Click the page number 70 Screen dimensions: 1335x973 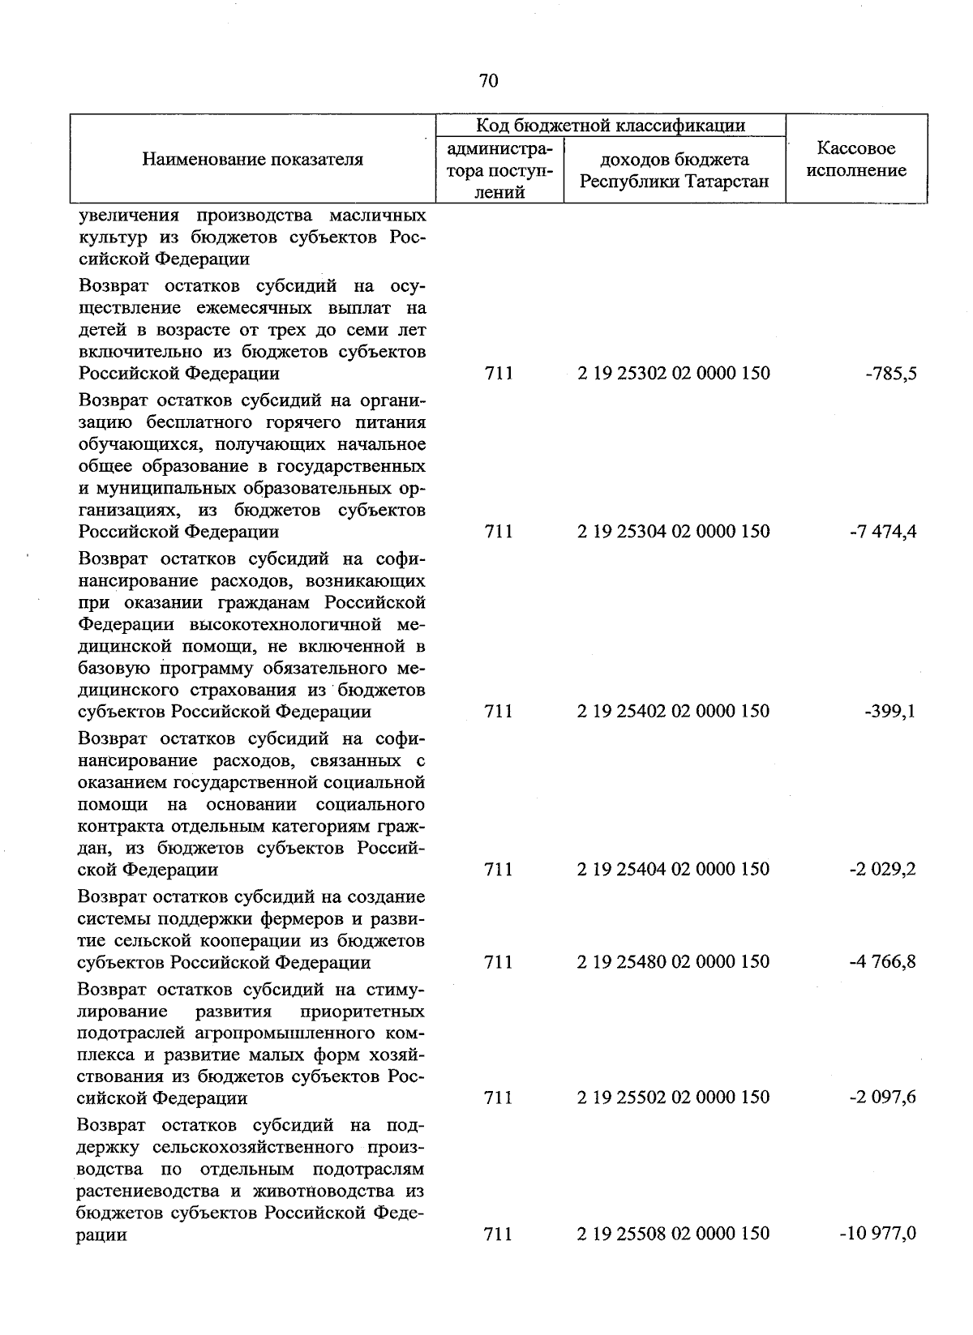pyautogui.click(x=488, y=80)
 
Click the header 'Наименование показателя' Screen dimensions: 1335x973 pyautogui.click(x=252, y=159)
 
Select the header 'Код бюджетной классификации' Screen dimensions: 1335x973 pyautogui.click(x=610, y=126)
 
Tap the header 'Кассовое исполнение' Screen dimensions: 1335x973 pyautogui.click(x=856, y=159)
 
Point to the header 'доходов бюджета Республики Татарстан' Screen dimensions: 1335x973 pyautogui.click(x=674, y=170)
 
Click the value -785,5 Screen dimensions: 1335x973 pyautogui.click(x=890, y=374)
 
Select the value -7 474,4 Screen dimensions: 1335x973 pyautogui.click(x=884, y=532)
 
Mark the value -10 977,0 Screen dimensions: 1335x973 pyautogui.click(x=878, y=1234)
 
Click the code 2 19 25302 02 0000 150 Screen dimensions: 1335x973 pyautogui.click(x=674, y=374)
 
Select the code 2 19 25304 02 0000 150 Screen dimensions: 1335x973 pyautogui.click(x=674, y=532)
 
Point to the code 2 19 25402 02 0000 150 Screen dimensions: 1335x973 pyautogui.click(x=674, y=712)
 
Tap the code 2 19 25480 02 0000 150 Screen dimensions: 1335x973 pyautogui.click(x=674, y=962)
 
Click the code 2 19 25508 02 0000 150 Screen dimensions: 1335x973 pyautogui.click(x=674, y=1234)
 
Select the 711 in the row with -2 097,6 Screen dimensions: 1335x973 pyautogui.click(x=498, y=1098)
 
